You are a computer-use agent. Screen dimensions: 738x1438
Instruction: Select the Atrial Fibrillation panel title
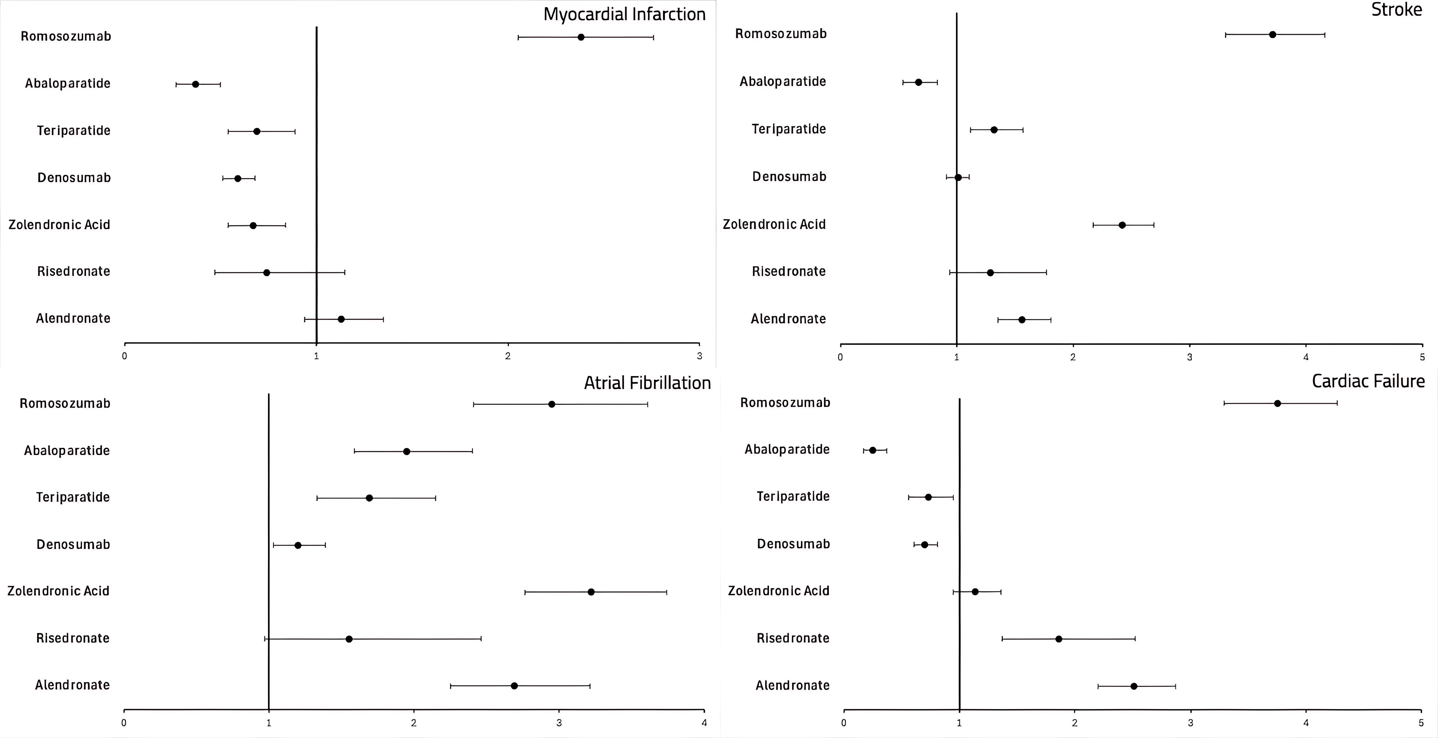coord(647,383)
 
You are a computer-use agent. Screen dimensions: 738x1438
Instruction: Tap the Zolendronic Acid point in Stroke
coord(1122,225)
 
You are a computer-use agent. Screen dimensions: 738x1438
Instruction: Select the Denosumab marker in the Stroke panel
coord(958,177)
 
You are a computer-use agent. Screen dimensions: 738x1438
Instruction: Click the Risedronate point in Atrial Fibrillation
coord(349,639)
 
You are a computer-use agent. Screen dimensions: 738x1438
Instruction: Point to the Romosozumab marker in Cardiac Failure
coord(1277,403)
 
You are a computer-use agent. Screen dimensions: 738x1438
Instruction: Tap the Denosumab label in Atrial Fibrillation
coord(73,544)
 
